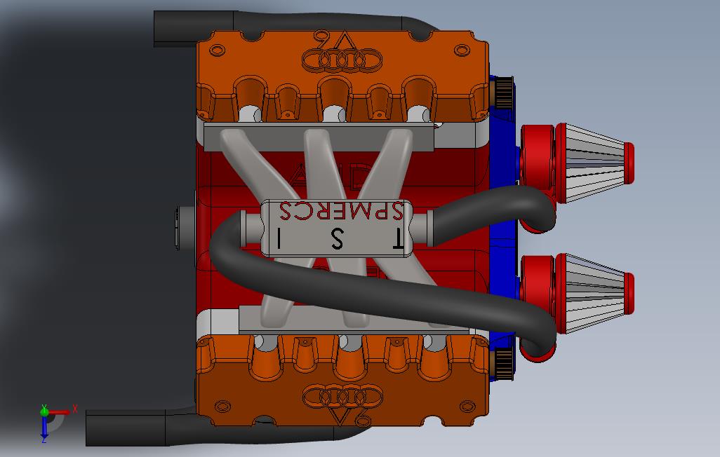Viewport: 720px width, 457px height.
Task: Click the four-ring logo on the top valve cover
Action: (340, 61)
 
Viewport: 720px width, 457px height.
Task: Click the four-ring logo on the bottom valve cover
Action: (340, 397)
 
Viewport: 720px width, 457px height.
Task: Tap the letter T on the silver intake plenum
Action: (396, 239)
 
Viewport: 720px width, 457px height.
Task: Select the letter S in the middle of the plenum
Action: (338, 239)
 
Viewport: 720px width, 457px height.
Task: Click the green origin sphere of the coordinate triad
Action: (44, 412)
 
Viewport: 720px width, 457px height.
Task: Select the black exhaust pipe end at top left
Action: (168, 28)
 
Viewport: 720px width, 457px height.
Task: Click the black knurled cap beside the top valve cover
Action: (502, 91)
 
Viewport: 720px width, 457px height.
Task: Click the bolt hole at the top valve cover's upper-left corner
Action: (218, 50)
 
